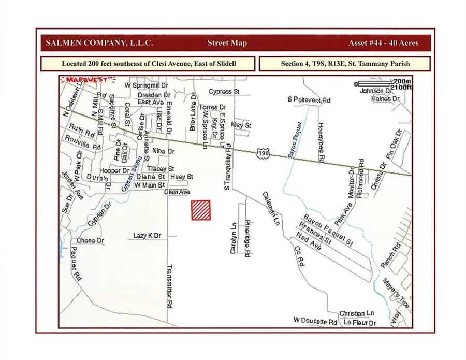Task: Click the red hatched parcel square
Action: [x=201, y=210]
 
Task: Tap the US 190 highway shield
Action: [x=263, y=152]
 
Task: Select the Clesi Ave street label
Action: [x=176, y=192]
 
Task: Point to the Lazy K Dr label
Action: [x=148, y=236]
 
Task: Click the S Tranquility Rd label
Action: [x=226, y=166]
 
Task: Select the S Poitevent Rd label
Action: [x=309, y=99]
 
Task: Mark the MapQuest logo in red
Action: [x=87, y=80]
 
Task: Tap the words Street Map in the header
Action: [x=227, y=43]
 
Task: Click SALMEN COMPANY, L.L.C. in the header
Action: [x=99, y=43]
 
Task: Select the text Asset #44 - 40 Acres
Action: [x=384, y=43]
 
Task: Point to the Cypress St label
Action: [x=225, y=91]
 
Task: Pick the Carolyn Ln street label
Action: [x=233, y=241]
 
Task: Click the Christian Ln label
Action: [x=356, y=313]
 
